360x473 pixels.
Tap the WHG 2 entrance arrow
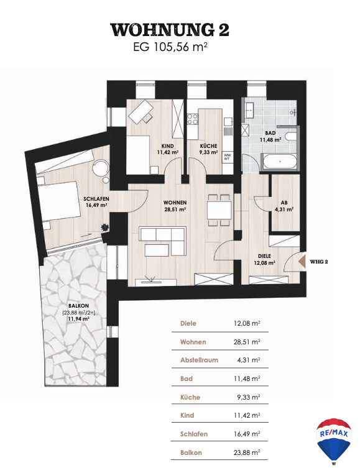pos(303,262)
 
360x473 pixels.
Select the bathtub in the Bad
pos(280,162)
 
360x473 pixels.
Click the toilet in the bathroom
pos(291,136)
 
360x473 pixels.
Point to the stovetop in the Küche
pos(193,119)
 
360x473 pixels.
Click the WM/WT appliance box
pos(226,157)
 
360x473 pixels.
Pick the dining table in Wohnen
pos(219,210)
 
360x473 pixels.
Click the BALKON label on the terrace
pos(78,306)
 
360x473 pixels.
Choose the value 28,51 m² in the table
pos(247,342)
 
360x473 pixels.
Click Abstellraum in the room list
pos(199,360)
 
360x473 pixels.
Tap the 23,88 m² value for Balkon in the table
pos(247,452)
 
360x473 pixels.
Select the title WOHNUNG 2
pos(170,30)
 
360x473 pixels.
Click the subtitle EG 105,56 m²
pos(170,47)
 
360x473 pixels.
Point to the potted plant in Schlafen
pos(104,227)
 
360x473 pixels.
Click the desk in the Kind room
pos(141,111)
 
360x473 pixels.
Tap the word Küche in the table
pos(190,397)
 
